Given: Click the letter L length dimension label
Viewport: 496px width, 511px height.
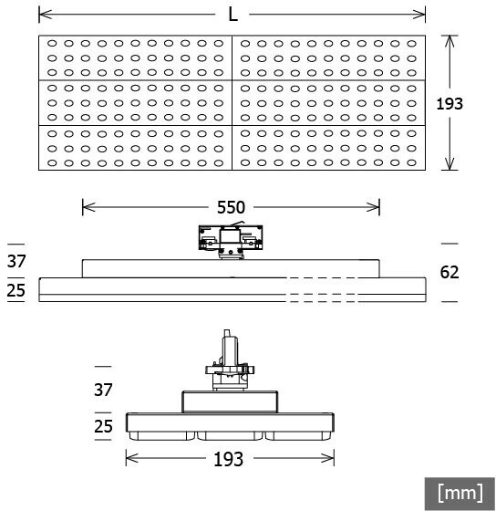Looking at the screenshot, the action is pyautogui.click(x=232, y=15).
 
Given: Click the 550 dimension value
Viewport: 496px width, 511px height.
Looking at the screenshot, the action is pyautogui.click(x=231, y=207).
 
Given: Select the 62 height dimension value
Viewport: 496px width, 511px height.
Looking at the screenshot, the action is pyautogui.click(x=449, y=272).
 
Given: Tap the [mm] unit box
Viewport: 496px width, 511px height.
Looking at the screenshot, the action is pyautogui.click(x=460, y=494).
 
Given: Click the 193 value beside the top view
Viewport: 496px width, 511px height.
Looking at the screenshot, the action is pyautogui.click(x=449, y=104).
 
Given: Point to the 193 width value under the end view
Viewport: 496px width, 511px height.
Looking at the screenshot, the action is pyautogui.click(x=228, y=459).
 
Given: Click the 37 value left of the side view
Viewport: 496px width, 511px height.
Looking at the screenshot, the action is pyautogui.click(x=16, y=261).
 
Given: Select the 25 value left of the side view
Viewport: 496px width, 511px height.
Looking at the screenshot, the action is pyautogui.click(x=16, y=290).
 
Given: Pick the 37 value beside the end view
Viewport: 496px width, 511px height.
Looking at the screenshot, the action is pyautogui.click(x=103, y=390).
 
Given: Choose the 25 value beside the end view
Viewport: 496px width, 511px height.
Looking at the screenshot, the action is pyautogui.click(x=103, y=426).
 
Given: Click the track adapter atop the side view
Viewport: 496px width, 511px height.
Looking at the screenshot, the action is pyautogui.click(x=231, y=242).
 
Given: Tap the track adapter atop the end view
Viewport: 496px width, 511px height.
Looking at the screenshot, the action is pyautogui.click(x=230, y=360).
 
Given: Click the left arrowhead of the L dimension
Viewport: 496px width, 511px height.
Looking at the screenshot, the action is pyautogui.click(x=45, y=15).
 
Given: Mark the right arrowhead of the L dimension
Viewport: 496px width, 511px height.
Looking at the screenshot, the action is pyautogui.click(x=419, y=15).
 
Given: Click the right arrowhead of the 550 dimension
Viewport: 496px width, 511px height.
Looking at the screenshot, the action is pyautogui.click(x=373, y=207).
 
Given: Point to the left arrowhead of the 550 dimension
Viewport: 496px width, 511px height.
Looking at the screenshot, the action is pyautogui.click(x=88, y=207).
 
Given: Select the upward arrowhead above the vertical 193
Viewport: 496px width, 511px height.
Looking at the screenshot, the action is pyautogui.click(x=449, y=41).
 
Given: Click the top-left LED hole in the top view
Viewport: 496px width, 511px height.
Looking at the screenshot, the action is pyautogui.click(x=52, y=43).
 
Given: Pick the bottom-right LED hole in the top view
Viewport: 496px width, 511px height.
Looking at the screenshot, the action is pyautogui.click(x=411, y=162).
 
